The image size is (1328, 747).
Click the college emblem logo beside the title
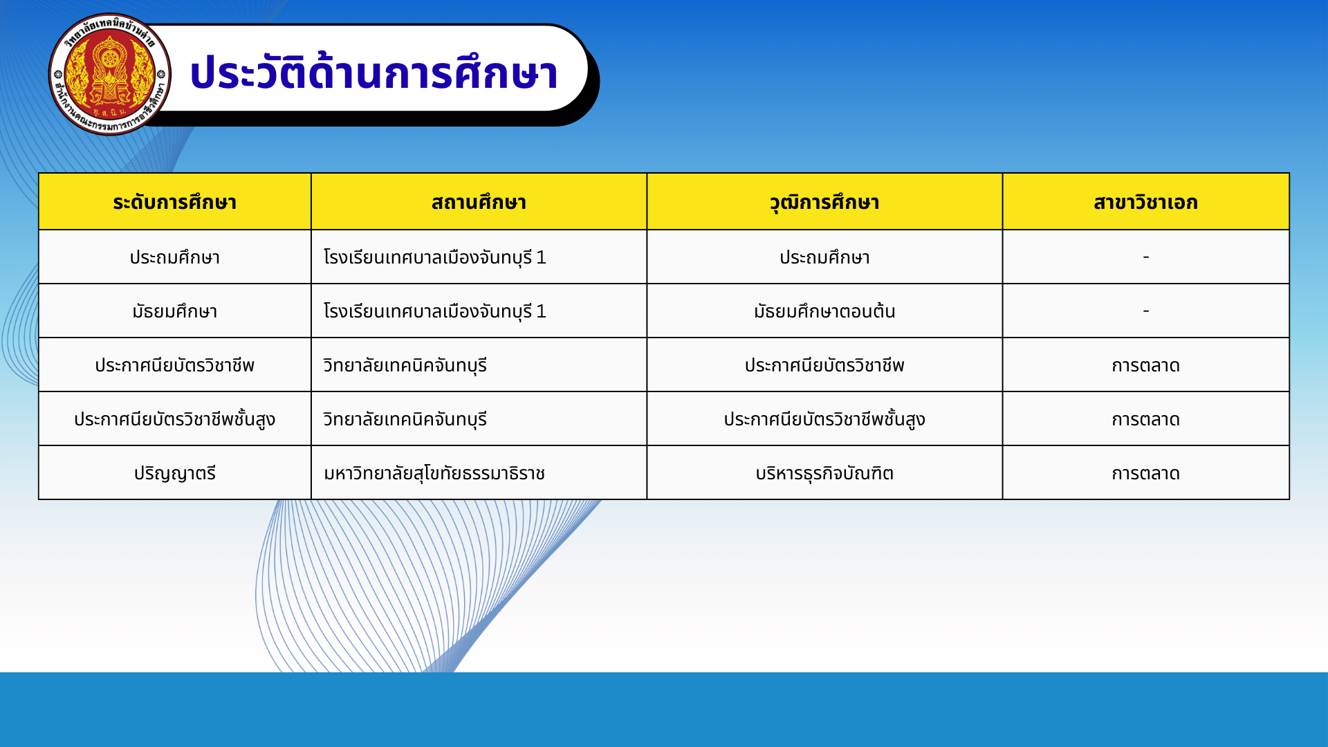pyautogui.click(x=110, y=74)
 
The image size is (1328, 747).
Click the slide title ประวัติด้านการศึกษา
pyautogui.click(x=373, y=73)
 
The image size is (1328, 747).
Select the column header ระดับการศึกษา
pyautogui.click(x=175, y=202)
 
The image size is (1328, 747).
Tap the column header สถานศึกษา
pyautogui.click(x=479, y=202)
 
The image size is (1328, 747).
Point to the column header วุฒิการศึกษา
pyautogui.click(x=824, y=203)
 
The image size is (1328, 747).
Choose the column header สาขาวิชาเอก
pyautogui.click(x=1145, y=202)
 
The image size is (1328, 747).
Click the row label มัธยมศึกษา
pyautogui.click(x=175, y=311)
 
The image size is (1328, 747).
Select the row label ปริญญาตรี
pyautogui.click(x=175, y=474)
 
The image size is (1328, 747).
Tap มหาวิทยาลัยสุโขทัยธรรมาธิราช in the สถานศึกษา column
pyautogui.click(x=434, y=474)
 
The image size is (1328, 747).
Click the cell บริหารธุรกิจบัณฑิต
pyautogui.click(x=824, y=474)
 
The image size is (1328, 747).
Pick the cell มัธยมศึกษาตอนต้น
pyautogui.click(x=824, y=311)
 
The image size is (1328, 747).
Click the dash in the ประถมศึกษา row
pyautogui.click(x=1146, y=257)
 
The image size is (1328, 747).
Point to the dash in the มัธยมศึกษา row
pyautogui.click(x=1146, y=311)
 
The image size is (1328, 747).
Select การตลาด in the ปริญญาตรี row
pyautogui.click(x=1146, y=474)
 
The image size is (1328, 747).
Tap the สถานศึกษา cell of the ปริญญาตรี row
pyautogui.click(x=434, y=474)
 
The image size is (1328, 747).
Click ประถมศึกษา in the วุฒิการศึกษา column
pyautogui.click(x=824, y=257)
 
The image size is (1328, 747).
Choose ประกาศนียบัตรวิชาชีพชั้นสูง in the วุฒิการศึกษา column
pyautogui.click(x=824, y=419)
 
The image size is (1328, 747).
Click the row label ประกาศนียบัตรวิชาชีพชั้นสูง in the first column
pyautogui.click(x=175, y=419)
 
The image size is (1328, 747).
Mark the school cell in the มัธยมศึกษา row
pyautogui.click(x=434, y=311)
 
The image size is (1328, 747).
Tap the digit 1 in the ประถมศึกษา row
pyautogui.click(x=541, y=257)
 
